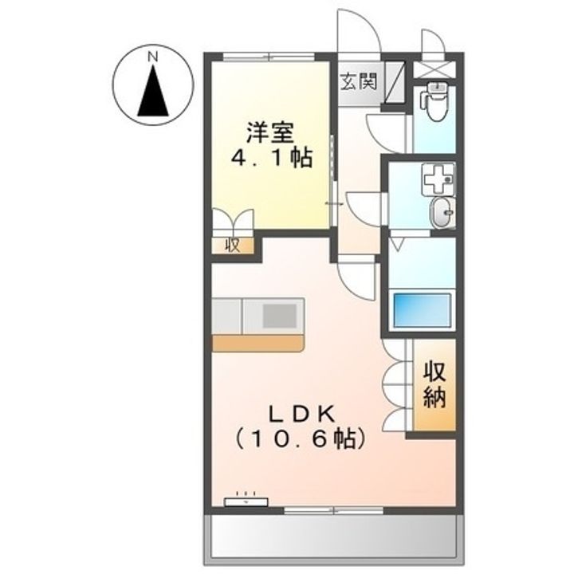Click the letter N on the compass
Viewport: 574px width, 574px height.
click(x=152, y=57)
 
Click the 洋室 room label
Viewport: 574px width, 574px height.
click(x=270, y=133)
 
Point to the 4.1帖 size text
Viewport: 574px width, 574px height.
click(x=271, y=158)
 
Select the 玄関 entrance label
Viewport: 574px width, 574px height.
click(x=358, y=81)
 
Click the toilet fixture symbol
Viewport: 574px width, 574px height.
click(x=435, y=101)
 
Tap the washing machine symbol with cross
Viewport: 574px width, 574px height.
click(x=438, y=179)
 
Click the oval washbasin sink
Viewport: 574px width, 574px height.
click(x=442, y=213)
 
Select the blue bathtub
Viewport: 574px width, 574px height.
click(x=422, y=309)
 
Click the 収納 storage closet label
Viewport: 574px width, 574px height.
click(x=434, y=385)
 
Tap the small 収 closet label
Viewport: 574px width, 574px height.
click(x=233, y=245)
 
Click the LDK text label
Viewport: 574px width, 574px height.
click(x=302, y=415)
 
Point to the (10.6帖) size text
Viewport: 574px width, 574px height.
click(x=300, y=439)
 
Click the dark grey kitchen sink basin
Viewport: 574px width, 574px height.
click(x=280, y=316)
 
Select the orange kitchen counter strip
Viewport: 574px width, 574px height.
click(x=258, y=344)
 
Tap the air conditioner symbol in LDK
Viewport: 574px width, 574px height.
click(x=246, y=501)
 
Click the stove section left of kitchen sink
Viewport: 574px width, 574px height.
click(x=226, y=316)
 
